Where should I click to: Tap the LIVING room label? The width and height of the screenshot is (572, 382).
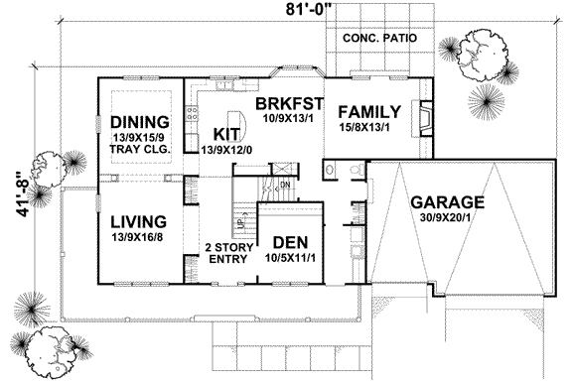click(x=137, y=220)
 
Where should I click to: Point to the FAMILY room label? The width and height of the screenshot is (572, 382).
click(x=368, y=111)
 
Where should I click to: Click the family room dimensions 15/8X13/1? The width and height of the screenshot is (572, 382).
click(x=368, y=127)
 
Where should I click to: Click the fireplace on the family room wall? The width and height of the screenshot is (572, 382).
click(x=424, y=118)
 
